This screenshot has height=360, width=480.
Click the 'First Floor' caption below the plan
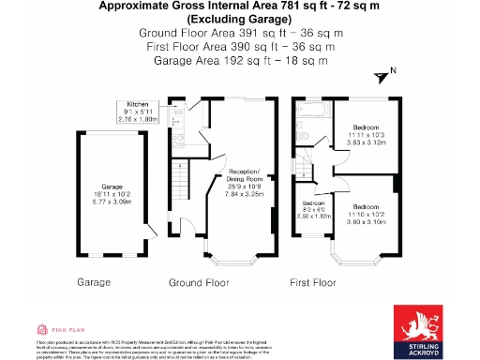(312, 281)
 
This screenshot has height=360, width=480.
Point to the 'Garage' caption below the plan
(94, 281)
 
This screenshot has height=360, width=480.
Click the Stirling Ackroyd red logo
(422, 328)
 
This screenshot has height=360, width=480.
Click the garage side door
(147, 231)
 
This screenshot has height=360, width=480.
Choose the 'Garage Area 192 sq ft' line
(239, 60)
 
